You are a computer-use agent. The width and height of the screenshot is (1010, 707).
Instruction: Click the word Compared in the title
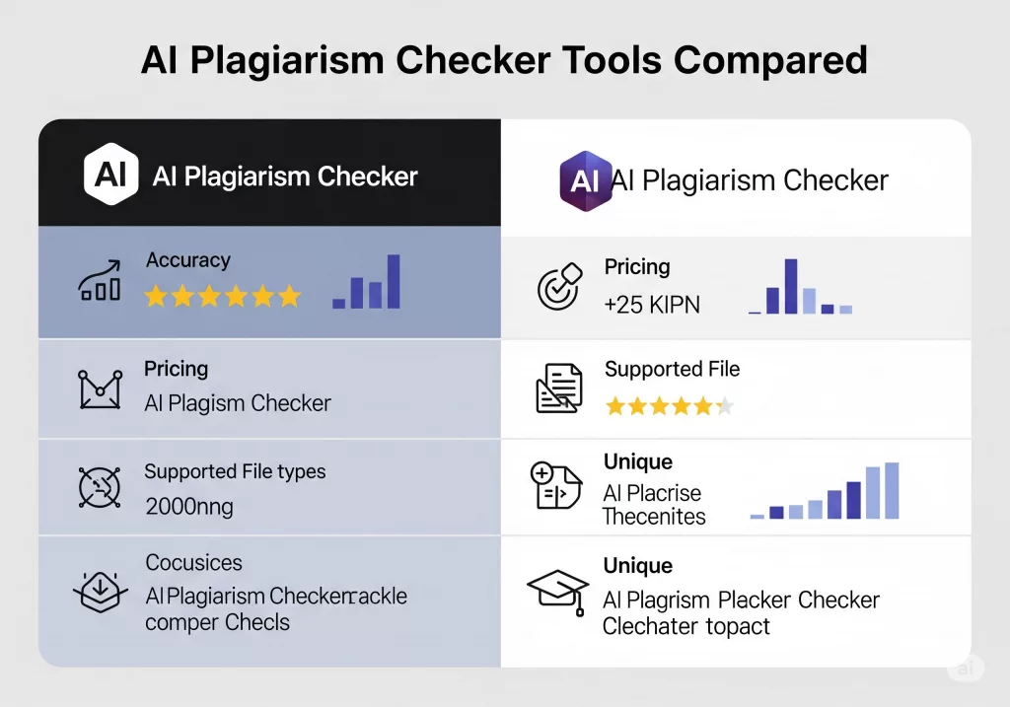pyautogui.click(x=770, y=61)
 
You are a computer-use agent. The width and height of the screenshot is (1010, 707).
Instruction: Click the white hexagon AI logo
pyautogui.click(x=110, y=174)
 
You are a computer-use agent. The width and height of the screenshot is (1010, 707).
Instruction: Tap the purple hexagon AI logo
pyautogui.click(x=584, y=180)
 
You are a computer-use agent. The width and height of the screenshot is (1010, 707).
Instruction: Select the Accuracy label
pyautogui.click(x=188, y=260)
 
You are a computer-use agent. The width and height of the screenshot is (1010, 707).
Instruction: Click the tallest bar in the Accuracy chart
pyautogui.click(x=393, y=281)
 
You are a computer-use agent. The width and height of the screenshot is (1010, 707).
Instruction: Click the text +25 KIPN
pyautogui.click(x=652, y=305)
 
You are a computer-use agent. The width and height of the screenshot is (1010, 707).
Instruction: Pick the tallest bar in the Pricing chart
pyautogui.click(x=791, y=287)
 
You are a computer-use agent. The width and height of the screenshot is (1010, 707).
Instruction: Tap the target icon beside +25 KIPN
pyautogui.click(x=560, y=287)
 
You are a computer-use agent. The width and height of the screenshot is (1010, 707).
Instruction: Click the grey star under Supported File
pyautogui.click(x=725, y=406)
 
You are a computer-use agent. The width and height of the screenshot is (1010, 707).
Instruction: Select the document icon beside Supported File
pyautogui.click(x=559, y=388)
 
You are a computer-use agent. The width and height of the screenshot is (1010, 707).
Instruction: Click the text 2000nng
pyautogui.click(x=189, y=508)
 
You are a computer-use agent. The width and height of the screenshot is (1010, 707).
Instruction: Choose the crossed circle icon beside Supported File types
pyautogui.click(x=100, y=487)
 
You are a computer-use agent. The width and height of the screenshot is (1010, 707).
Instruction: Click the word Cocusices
pyautogui.click(x=194, y=563)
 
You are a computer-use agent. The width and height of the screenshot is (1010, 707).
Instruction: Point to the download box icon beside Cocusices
pyautogui.click(x=101, y=592)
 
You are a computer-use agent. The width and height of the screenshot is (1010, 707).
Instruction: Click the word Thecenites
pyautogui.click(x=654, y=517)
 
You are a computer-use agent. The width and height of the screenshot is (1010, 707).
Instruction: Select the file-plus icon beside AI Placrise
pyautogui.click(x=556, y=485)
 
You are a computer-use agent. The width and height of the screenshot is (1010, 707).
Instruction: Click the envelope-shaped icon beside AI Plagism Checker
pyautogui.click(x=100, y=389)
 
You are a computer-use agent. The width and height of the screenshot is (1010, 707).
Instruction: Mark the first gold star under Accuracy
pyautogui.click(x=156, y=296)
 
